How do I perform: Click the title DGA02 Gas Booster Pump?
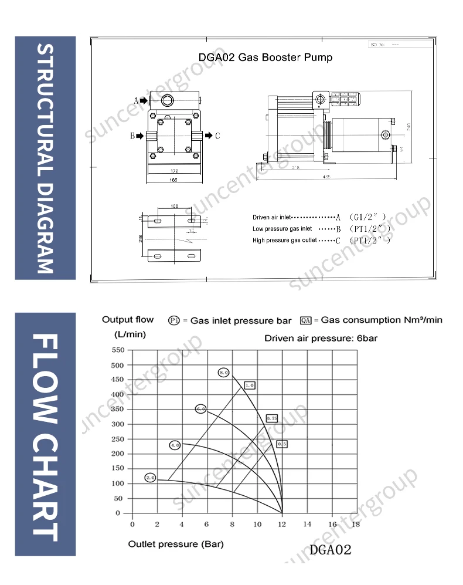click(265, 58)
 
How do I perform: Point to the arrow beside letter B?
click(141, 136)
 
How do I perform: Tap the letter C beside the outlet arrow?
click(217, 136)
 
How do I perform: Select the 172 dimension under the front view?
click(174, 171)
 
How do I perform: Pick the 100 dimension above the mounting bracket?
click(175, 207)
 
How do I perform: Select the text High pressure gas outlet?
click(285, 240)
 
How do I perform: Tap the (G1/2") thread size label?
click(367, 217)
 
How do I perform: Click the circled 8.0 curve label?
click(223, 373)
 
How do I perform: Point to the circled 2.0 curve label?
click(150, 478)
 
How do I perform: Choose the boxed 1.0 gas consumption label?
click(250, 386)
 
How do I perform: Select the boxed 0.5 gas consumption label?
click(282, 444)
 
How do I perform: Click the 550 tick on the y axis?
click(118, 350)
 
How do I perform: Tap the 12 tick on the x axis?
click(282, 524)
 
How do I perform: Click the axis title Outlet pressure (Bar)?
click(176, 544)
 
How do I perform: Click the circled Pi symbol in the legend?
click(174, 320)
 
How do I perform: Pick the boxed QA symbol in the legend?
click(305, 320)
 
